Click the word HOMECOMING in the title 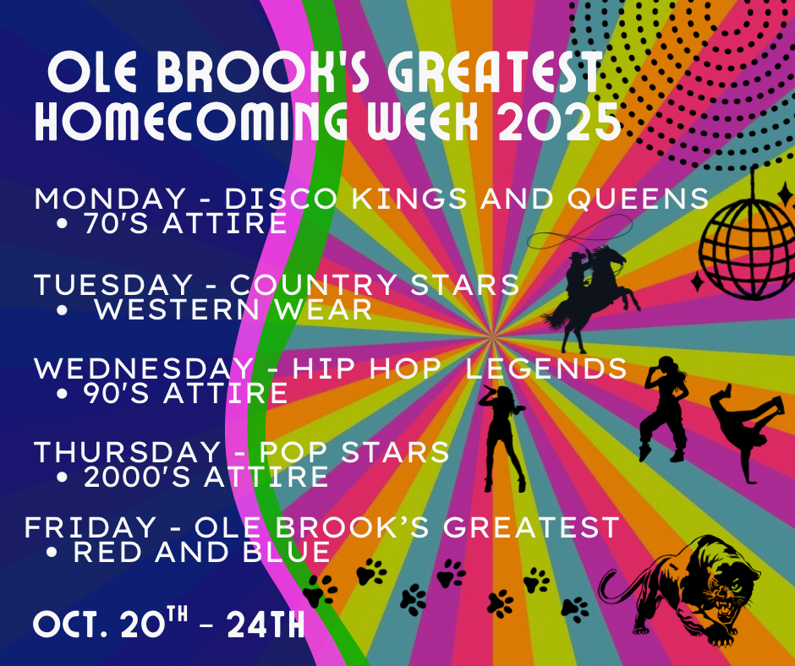(191, 122)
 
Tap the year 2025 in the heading (559, 122)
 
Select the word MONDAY (109, 198)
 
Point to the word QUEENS (638, 198)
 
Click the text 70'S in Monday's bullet (117, 223)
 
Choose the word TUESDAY (113, 284)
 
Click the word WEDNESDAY (143, 368)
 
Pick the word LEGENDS (546, 368)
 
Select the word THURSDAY (127, 451)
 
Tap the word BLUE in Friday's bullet (287, 553)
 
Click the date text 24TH (266, 625)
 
